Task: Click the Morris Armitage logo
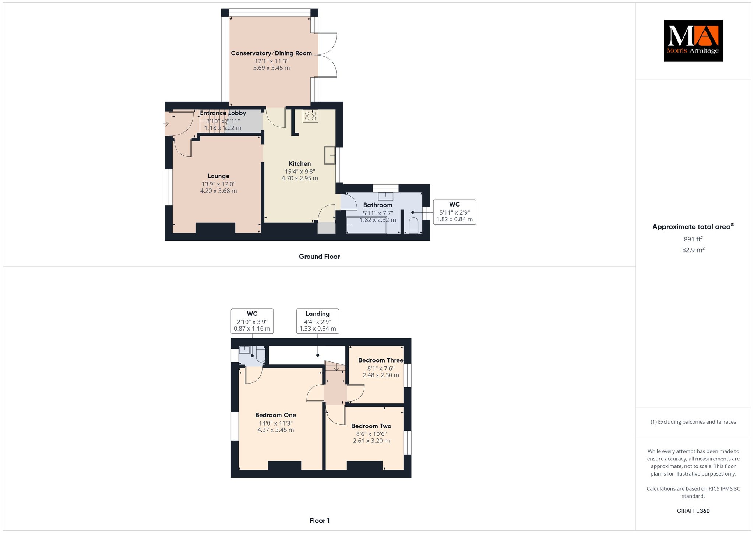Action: coord(693,40)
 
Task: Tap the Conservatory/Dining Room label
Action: coord(271,53)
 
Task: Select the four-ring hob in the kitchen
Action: coord(310,116)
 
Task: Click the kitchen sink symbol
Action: coord(330,155)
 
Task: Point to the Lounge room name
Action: coord(218,176)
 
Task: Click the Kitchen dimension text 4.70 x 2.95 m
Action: coord(300,178)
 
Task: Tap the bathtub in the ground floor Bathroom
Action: coord(366,225)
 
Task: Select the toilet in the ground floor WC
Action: coord(413,226)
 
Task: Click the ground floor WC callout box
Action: coord(454,212)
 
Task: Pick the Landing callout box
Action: coord(317,321)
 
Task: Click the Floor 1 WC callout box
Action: coord(252,321)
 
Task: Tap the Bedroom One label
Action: coord(276,415)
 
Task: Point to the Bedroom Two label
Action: coord(371,426)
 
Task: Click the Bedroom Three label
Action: coord(381,360)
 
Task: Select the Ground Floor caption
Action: coord(319,257)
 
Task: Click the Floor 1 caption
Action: coord(320,520)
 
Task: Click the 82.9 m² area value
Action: coord(693,250)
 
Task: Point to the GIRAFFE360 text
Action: coord(693,511)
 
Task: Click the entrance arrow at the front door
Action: coord(166,124)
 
